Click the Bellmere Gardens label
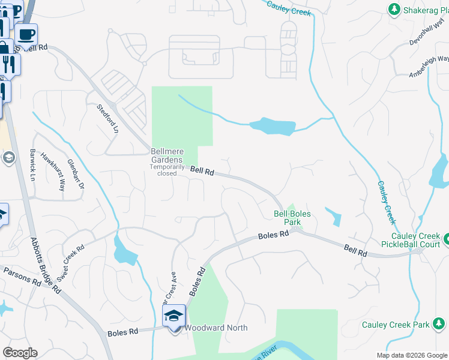(x=167, y=155)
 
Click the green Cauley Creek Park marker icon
(x=439, y=325)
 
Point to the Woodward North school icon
(x=174, y=316)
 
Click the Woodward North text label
(x=215, y=328)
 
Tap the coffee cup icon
(x=26, y=34)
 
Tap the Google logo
(x=20, y=353)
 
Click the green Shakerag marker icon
(x=394, y=9)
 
